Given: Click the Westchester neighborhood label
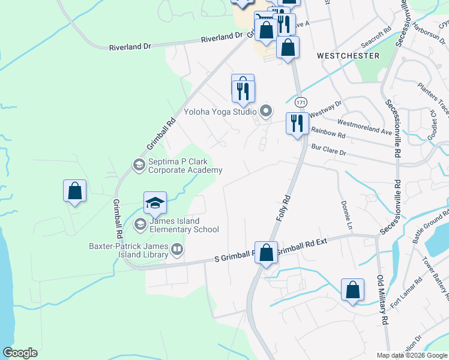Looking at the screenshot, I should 348,56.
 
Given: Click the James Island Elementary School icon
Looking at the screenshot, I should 140,224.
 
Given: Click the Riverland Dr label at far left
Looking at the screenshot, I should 128,47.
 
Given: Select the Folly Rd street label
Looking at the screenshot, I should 284,207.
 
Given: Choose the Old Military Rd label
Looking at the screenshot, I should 382,300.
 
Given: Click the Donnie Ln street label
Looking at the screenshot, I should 346,215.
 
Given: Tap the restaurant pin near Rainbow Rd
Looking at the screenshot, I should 297,124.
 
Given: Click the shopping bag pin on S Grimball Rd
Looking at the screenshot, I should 266,251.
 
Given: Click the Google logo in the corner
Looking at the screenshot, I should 20,353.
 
